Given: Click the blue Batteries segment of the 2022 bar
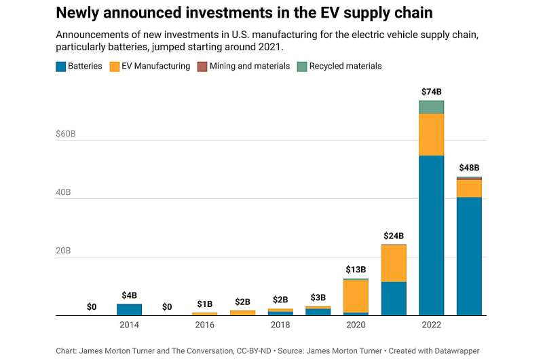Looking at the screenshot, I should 431,235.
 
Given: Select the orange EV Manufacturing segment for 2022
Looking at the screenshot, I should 431,134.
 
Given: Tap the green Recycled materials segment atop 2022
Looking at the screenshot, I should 431,107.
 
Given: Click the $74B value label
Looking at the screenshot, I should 431,92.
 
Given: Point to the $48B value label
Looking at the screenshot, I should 469,168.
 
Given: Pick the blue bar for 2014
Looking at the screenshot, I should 129,310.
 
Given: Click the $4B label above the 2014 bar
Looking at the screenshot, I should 129,295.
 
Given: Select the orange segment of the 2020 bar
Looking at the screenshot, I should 356,296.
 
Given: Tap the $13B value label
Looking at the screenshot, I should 356,270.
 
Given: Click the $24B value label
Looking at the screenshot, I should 394,235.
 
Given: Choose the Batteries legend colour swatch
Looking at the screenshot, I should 60,67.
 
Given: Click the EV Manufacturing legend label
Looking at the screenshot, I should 156,67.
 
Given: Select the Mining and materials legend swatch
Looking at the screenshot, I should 202,67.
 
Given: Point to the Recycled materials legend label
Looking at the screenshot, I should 345,67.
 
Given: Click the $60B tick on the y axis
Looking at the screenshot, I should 66,134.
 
